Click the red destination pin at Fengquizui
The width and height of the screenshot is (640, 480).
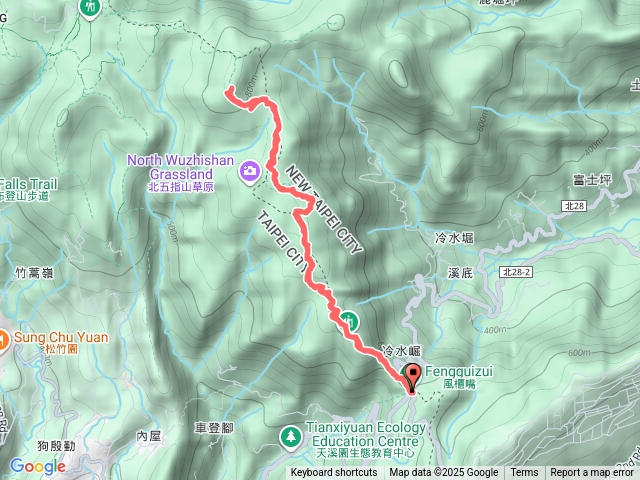pyautogui.click(x=412, y=378)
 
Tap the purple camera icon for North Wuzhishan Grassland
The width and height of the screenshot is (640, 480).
pyautogui.click(x=249, y=173)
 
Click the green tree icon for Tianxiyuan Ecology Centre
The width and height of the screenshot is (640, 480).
pyautogui.click(x=290, y=436)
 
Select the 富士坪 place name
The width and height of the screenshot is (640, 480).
pyautogui.click(x=592, y=180)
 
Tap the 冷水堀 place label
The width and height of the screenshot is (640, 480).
pyautogui.click(x=454, y=237)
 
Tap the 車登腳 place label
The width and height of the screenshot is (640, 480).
pyautogui.click(x=213, y=427)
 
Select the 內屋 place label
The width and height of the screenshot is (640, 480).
pyautogui.click(x=148, y=435)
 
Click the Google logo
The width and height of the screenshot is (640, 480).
pyautogui.click(x=37, y=466)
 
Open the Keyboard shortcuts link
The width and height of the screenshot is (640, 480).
pyautogui.click(x=335, y=473)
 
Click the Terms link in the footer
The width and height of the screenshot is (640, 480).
pyautogui.click(x=524, y=473)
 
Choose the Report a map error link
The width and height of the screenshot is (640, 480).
pyautogui.click(x=593, y=473)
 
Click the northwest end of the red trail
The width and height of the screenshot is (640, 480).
pyautogui.click(x=229, y=92)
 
